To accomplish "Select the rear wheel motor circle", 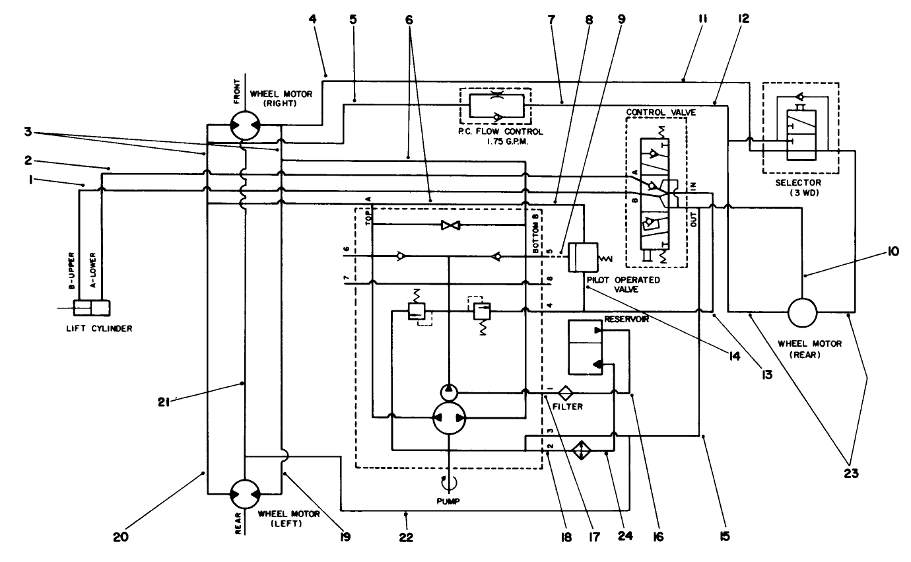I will [802, 311].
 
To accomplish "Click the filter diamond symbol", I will [565, 394].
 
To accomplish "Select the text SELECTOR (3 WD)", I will [799, 187].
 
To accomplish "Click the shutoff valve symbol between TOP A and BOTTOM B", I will [450, 225].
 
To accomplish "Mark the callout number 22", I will [406, 537].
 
